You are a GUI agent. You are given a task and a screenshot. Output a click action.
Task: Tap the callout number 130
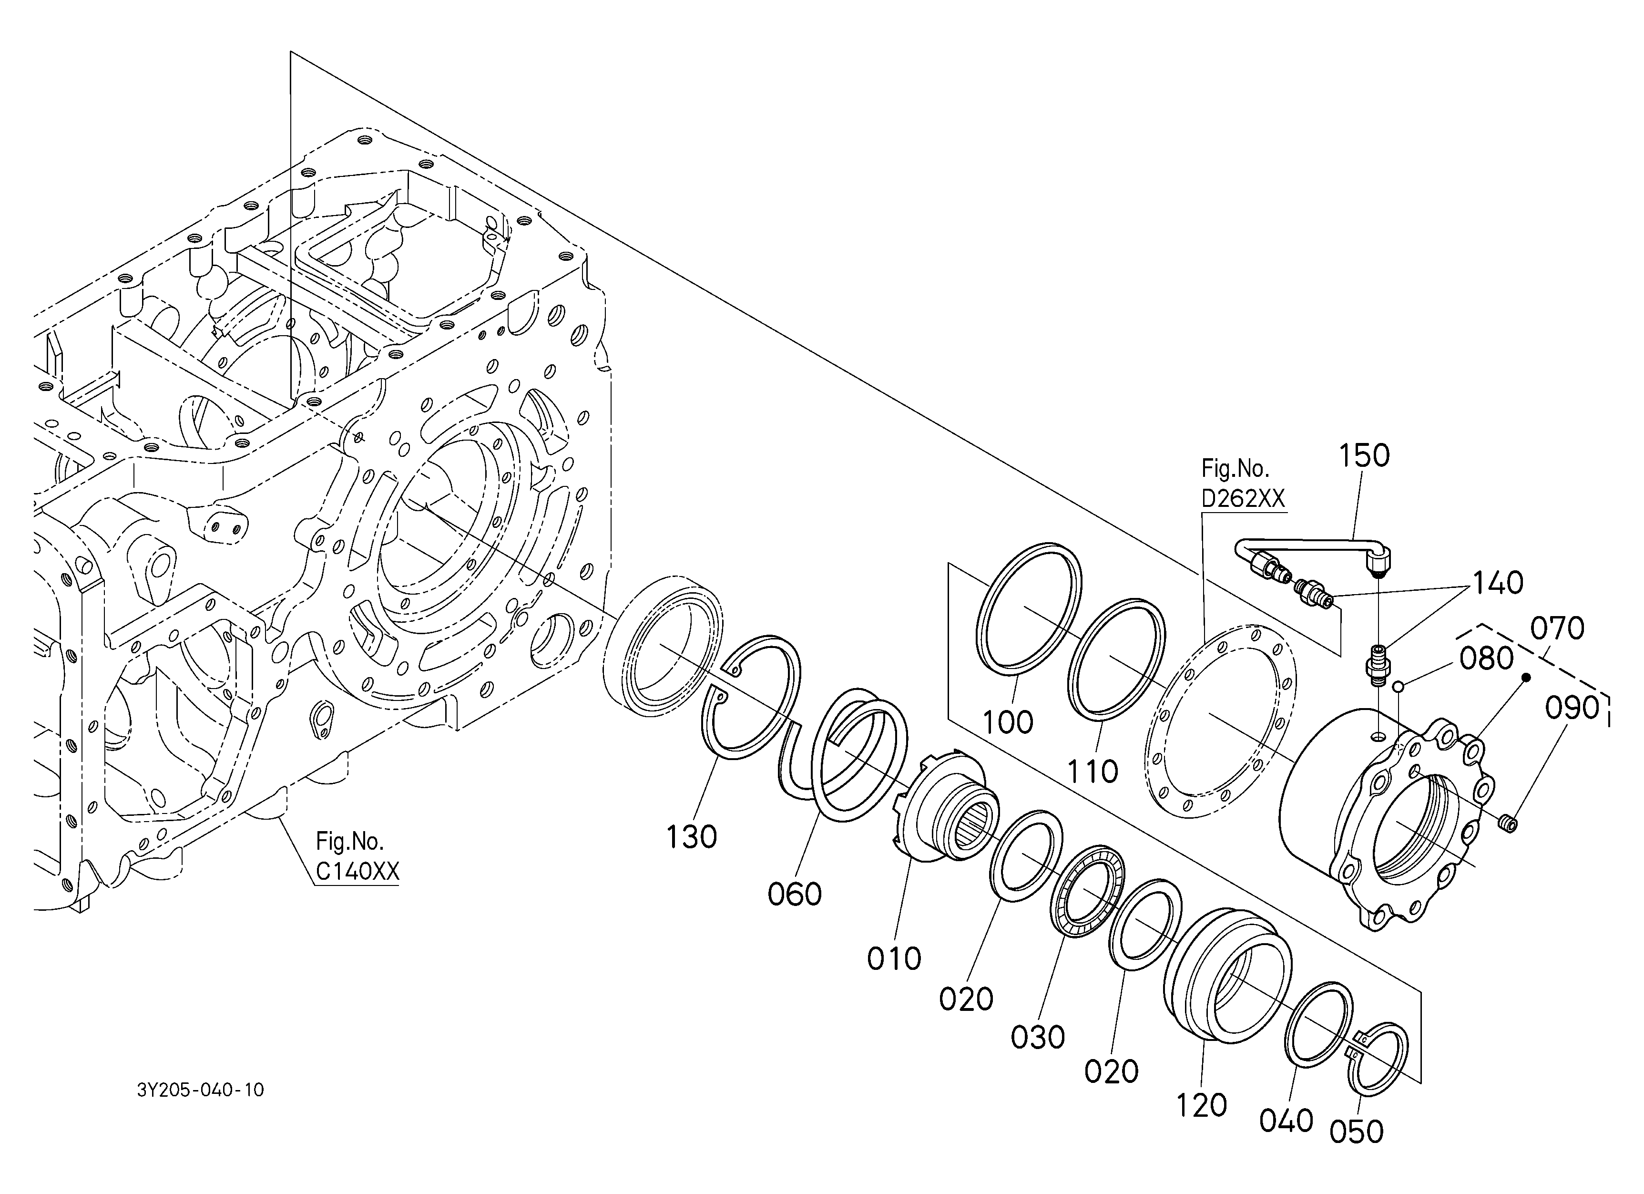point(692,837)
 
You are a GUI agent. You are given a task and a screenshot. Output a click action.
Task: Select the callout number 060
point(795,895)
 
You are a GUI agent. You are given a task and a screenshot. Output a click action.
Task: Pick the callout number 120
point(1201,1106)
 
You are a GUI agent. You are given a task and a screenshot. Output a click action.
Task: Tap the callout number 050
point(1356,1132)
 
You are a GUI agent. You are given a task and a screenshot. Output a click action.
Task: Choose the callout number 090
point(1572,708)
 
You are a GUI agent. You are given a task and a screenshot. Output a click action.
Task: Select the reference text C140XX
point(357,871)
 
